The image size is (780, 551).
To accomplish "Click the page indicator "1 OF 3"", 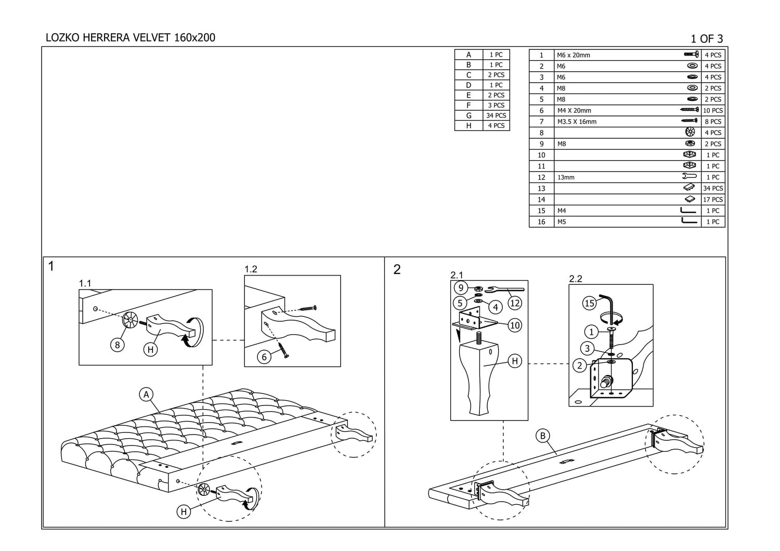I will coord(706,38).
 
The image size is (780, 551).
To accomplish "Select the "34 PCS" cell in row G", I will coord(496,115).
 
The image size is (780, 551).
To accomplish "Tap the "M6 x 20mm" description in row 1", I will coord(573,55).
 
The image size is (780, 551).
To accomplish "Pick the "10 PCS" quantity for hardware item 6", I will coord(712,111).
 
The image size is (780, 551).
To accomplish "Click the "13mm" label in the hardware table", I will coord(566,177).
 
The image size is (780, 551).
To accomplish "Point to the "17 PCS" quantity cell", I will coord(712,200).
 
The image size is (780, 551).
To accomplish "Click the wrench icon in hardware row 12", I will coord(689,177).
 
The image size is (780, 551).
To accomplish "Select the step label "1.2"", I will coord(251,269).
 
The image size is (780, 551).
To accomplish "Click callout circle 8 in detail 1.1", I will coord(118,345).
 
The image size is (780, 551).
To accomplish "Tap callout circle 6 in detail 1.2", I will coord(264,357).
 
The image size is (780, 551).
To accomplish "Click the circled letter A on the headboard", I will coord(146,395).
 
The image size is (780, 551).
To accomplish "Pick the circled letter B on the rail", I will coord(542,436).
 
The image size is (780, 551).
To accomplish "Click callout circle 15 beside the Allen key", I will coord(589,303).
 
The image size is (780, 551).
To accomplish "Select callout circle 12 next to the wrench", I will coord(514,303).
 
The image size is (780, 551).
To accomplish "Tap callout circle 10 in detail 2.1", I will coord(514,325).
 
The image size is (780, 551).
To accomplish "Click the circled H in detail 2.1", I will coord(514,361).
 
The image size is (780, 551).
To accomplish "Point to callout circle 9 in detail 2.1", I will coord(460,288).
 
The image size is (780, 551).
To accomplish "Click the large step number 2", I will coord(397,269).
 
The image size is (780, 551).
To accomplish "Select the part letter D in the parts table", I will coord(469,85).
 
